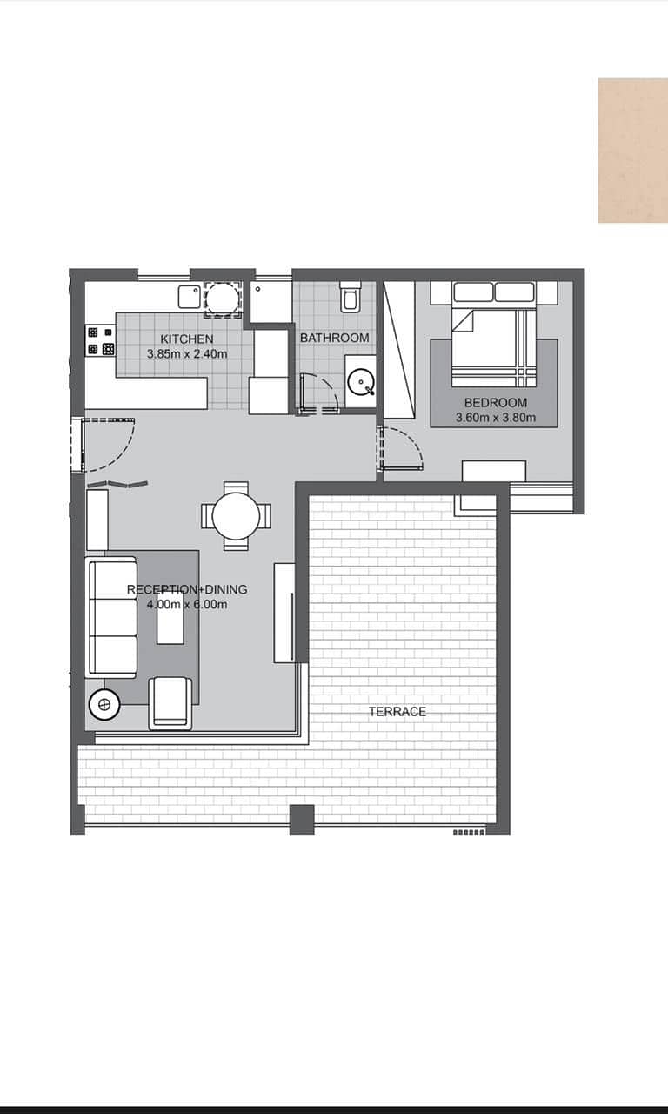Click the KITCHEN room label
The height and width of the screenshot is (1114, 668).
187,339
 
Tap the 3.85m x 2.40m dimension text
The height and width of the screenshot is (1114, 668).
187,354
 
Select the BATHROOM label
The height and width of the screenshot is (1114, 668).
335,338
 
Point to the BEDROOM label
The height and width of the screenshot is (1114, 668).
496,402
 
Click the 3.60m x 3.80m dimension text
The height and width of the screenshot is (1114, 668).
496,418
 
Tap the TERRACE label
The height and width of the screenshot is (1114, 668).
397,712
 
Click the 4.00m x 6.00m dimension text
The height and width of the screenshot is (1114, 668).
187,605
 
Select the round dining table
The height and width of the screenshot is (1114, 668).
236,516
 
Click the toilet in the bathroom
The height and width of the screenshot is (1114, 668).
351,298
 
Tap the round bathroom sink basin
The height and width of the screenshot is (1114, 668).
361,382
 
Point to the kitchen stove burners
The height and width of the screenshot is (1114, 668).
100,340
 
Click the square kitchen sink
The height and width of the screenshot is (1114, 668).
190,297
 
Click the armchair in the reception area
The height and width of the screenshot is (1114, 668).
170,702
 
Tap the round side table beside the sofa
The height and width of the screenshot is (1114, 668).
104,704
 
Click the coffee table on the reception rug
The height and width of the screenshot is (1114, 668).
170,618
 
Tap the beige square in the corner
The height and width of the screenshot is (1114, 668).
633,151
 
